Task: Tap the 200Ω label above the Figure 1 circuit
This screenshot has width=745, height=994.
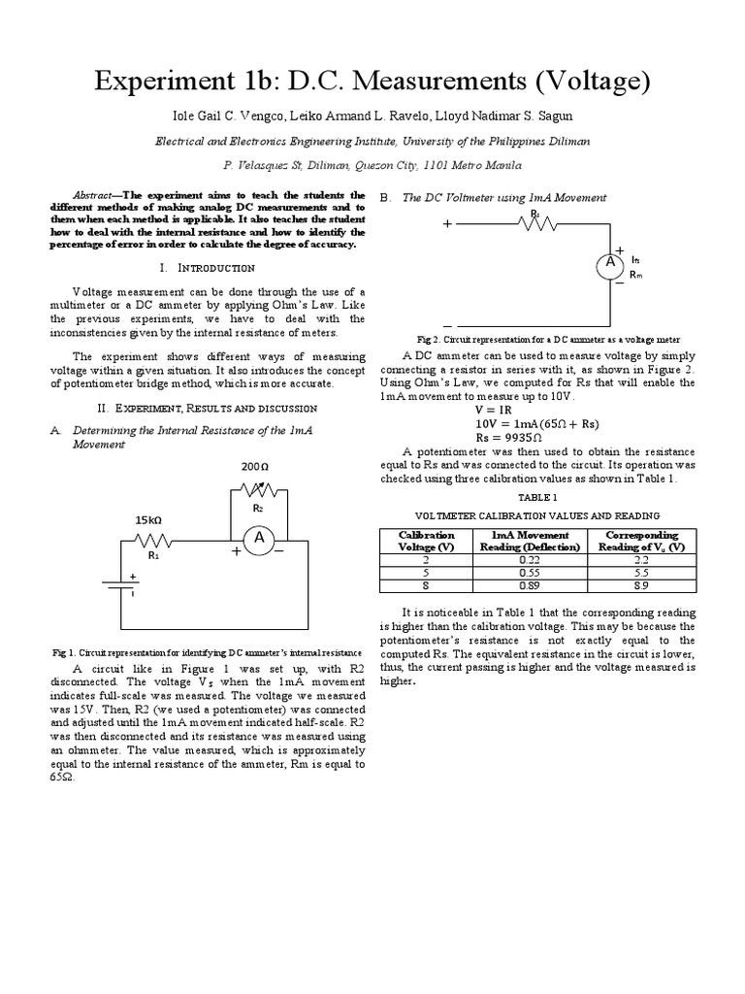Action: pos(254,467)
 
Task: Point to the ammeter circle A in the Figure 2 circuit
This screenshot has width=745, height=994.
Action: pos(610,263)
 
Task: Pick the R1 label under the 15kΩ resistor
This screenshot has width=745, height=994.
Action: pos(152,556)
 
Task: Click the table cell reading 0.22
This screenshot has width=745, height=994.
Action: pos(529,560)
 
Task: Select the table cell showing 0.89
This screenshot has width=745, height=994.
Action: pos(529,585)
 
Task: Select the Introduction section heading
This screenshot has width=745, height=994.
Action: pos(210,267)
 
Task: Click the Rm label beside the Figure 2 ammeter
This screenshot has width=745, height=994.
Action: pos(636,275)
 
